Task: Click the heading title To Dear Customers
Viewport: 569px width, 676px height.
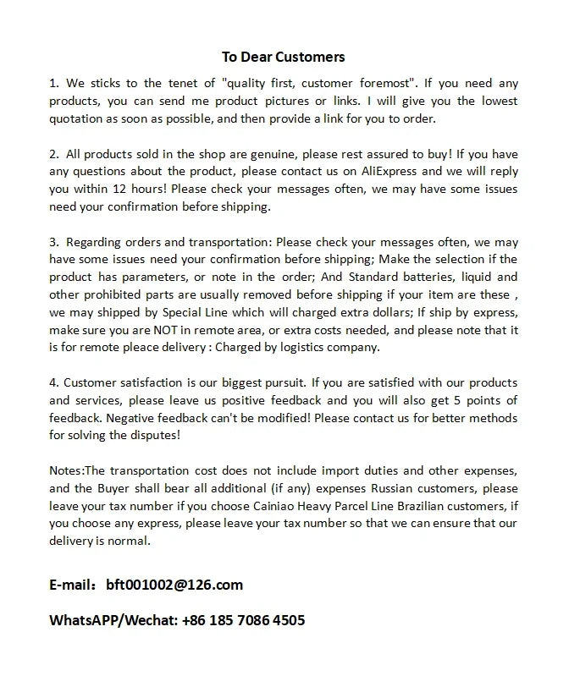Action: click(x=284, y=58)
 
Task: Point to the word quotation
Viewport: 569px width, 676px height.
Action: click(x=78, y=119)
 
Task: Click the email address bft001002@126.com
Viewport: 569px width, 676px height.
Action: click(x=174, y=585)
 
